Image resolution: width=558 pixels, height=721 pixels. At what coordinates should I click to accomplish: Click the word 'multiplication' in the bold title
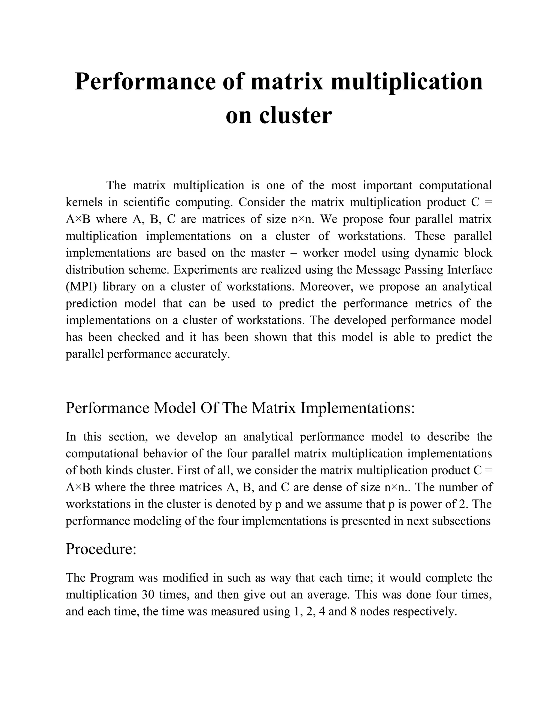407,82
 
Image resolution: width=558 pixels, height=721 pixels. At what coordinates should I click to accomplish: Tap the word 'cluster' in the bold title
295,116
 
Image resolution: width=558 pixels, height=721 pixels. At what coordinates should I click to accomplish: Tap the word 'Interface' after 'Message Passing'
470,269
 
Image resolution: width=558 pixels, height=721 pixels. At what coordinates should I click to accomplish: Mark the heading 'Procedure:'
101,549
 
